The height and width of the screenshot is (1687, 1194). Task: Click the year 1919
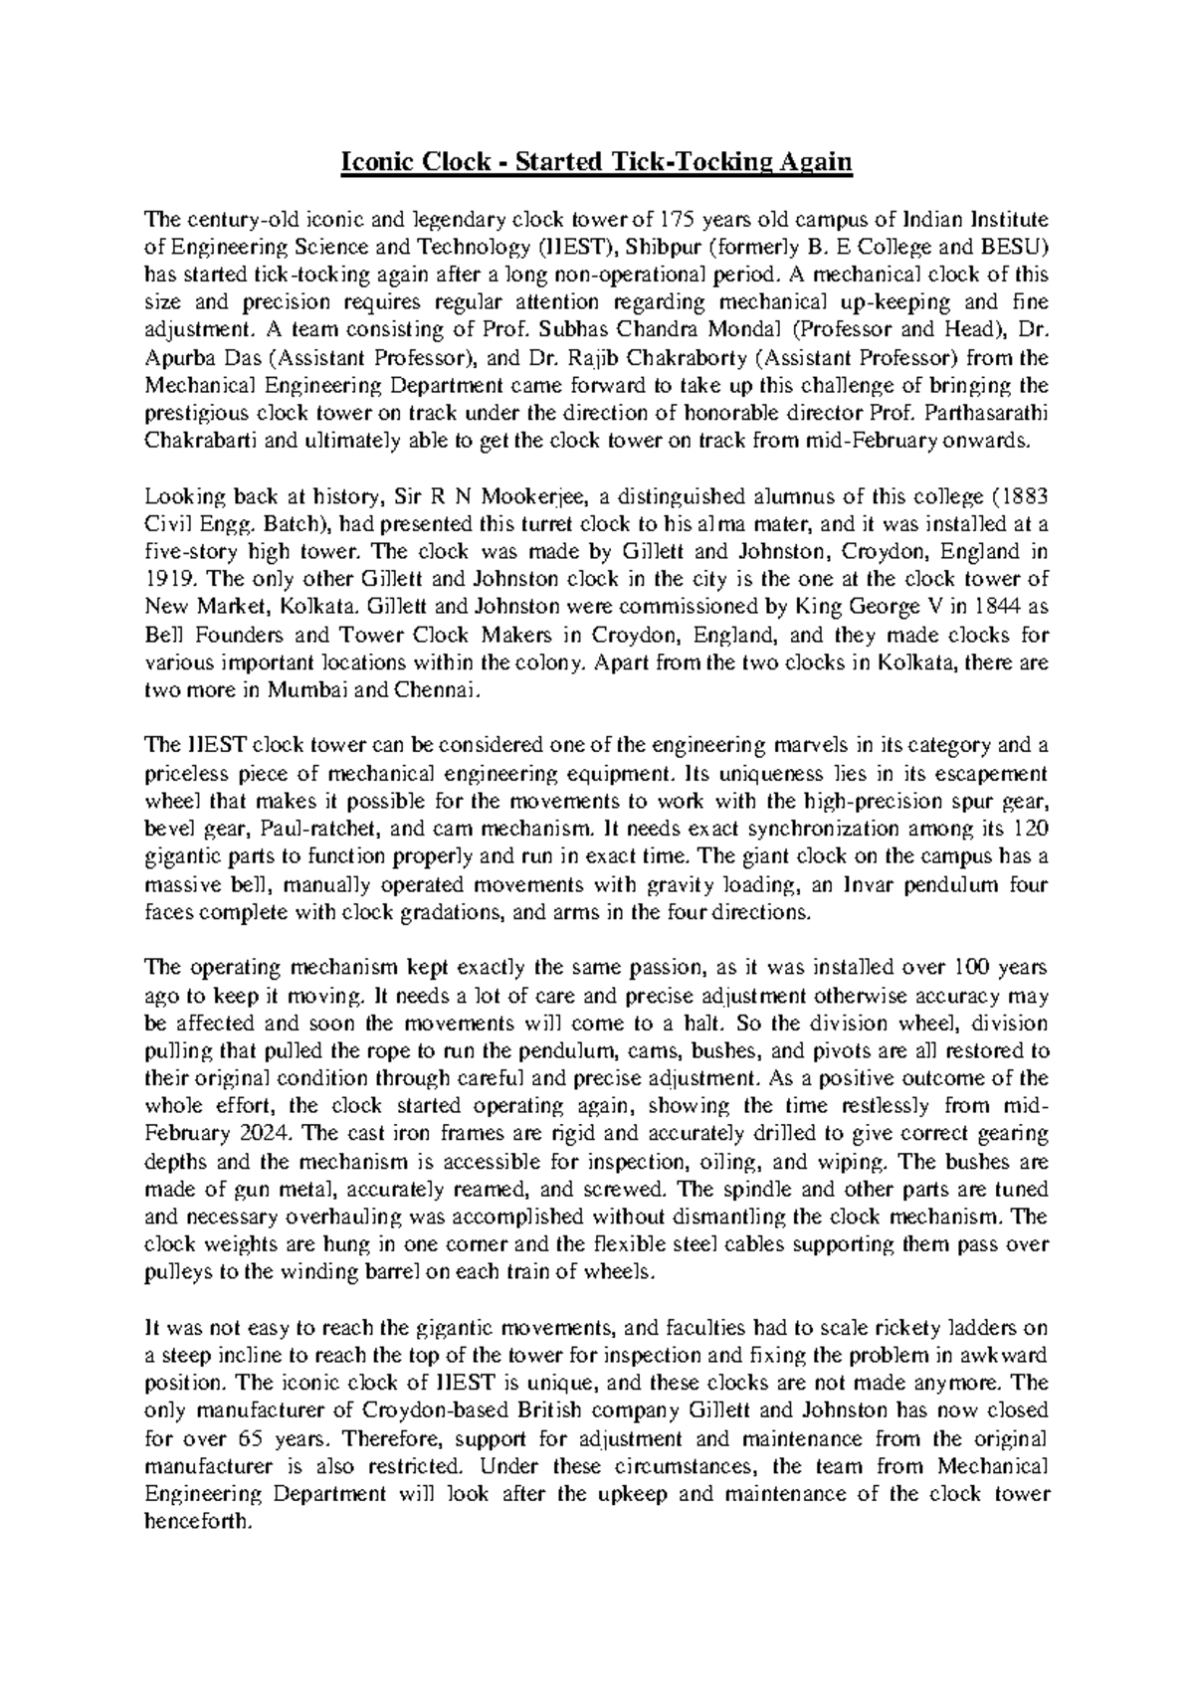(x=164, y=581)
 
